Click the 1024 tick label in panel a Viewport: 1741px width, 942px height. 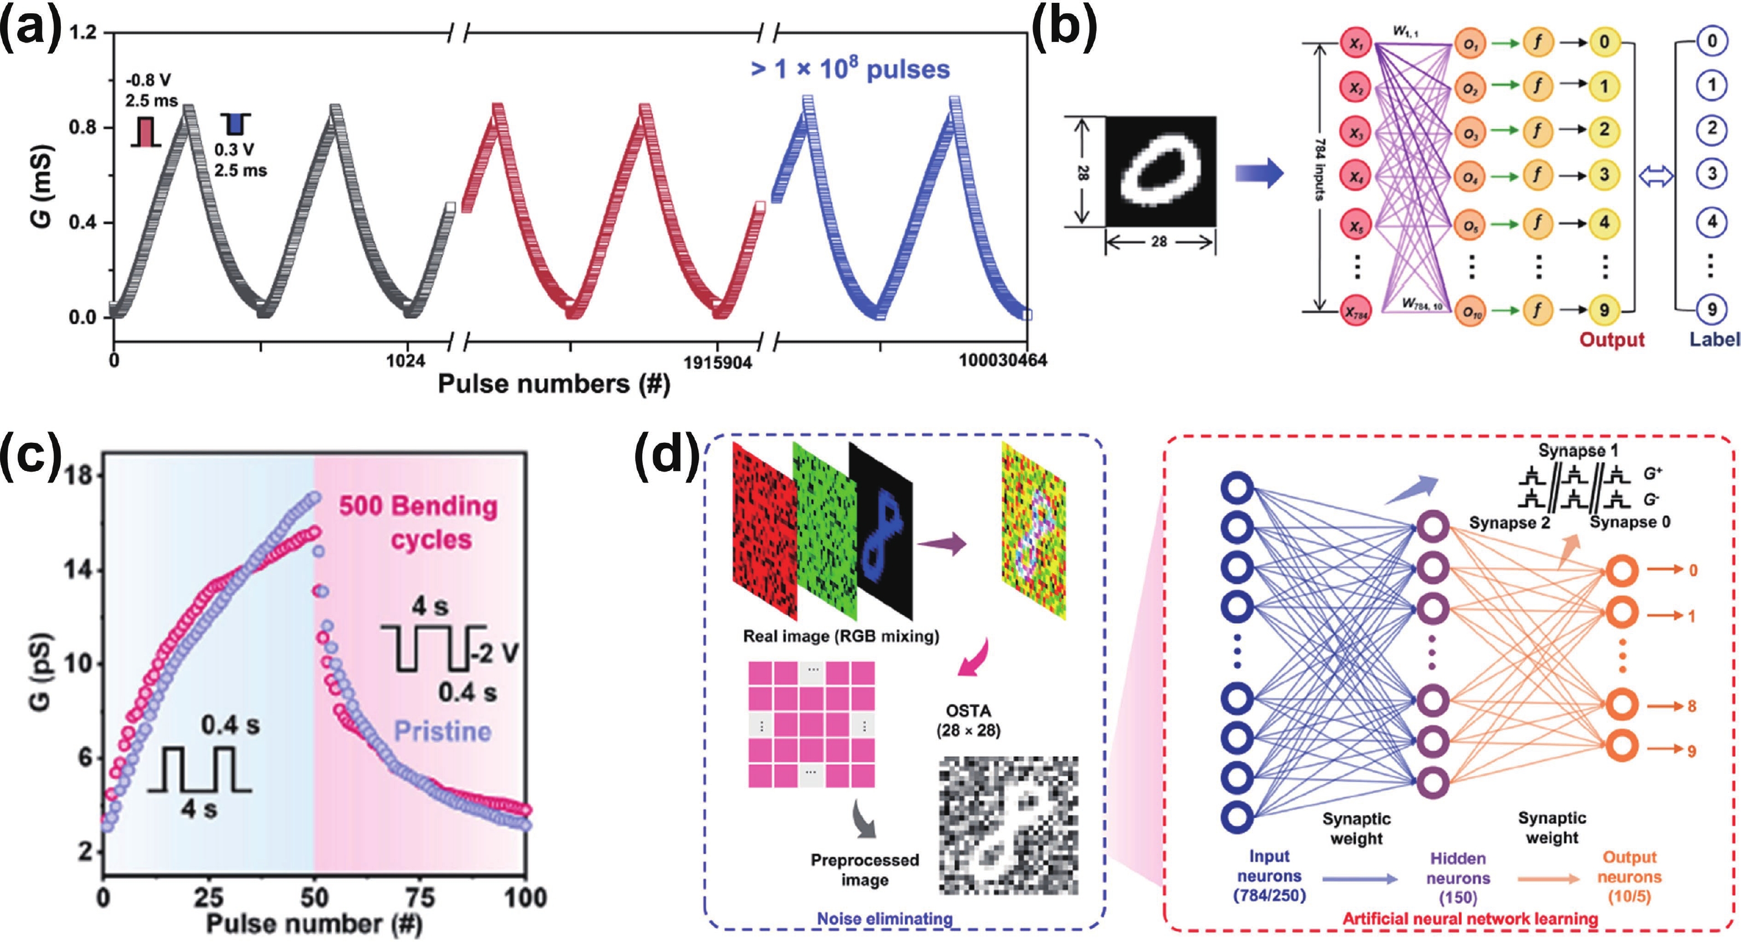(406, 360)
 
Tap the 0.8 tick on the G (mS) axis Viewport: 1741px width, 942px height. (83, 128)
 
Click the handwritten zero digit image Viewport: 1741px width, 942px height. (1161, 171)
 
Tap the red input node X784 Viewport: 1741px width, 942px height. (1355, 312)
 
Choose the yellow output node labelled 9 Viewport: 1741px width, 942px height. (1604, 310)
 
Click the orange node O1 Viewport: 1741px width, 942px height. (1471, 42)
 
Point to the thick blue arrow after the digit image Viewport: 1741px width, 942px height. (1259, 174)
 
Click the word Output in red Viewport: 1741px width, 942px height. (1612, 339)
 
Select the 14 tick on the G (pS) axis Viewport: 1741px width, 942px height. (77, 569)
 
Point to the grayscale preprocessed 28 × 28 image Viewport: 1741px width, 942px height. (1008, 825)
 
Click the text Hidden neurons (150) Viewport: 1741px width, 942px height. (1458, 878)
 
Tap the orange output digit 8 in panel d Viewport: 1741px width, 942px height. (1692, 706)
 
